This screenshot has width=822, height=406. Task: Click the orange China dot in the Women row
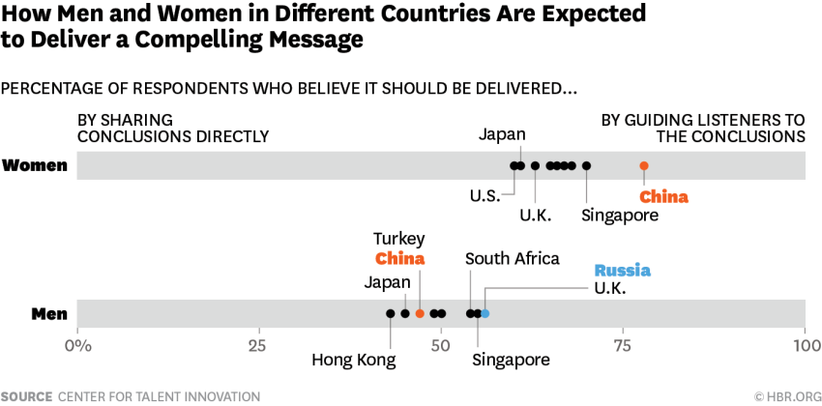[644, 165]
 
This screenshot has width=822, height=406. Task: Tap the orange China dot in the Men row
[420, 313]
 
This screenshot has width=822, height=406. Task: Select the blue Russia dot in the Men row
[484, 313]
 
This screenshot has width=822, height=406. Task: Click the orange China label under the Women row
[664, 197]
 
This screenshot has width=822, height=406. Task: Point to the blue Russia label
[622, 271]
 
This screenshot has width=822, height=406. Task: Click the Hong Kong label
[354, 361]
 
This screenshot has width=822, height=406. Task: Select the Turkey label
[399, 239]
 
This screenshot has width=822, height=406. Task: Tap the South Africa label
[512, 258]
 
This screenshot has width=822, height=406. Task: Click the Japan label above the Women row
[502, 134]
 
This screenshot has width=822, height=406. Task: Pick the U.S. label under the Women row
[485, 195]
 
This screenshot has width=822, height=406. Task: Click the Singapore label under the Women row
[620, 215]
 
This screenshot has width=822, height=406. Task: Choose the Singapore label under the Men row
[511, 360]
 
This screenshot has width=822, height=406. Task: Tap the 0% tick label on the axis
[76, 344]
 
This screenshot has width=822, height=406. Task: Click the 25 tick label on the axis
[258, 344]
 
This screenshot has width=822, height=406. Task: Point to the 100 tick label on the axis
[805, 344]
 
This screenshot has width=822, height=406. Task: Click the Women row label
[35, 165]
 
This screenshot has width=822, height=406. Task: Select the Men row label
[49, 313]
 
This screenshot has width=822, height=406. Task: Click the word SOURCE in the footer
[26, 396]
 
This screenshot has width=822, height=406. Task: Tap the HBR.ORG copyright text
[785, 396]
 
